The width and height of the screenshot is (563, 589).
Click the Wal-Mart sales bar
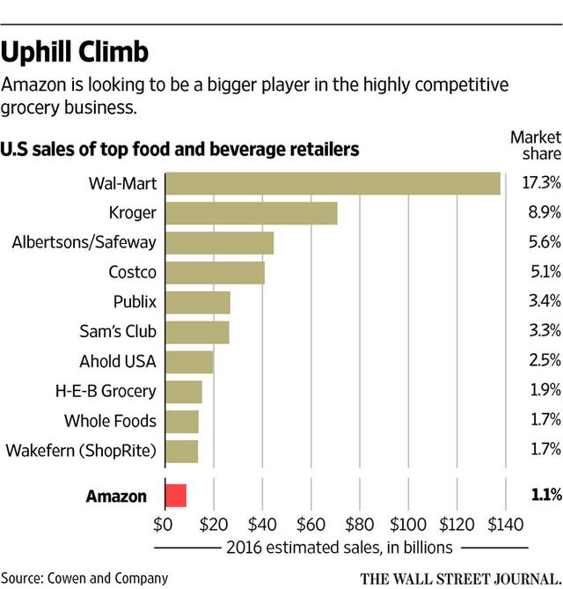[x=333, y=183]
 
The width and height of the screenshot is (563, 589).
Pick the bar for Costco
[x=215, y=273]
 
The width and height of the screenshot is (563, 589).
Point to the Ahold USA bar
[x=189, y=362]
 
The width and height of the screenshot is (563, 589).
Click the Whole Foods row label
[x=110, y=421]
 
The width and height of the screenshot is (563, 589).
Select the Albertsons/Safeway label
[x=84, y=243]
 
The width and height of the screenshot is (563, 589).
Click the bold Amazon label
[x=116, y=496]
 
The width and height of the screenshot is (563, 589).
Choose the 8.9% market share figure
[x=540, y=213]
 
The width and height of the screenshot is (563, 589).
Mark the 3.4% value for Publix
[x=540, y=302]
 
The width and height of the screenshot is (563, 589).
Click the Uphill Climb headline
[x=74, y=51]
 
